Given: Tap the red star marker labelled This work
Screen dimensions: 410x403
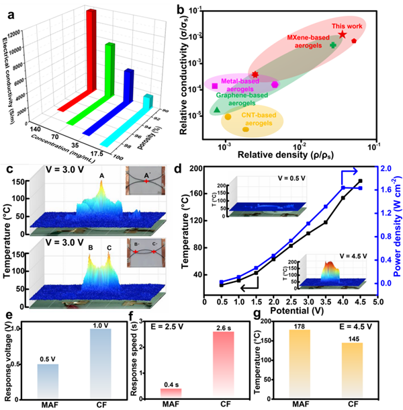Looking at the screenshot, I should pos(343,34).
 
